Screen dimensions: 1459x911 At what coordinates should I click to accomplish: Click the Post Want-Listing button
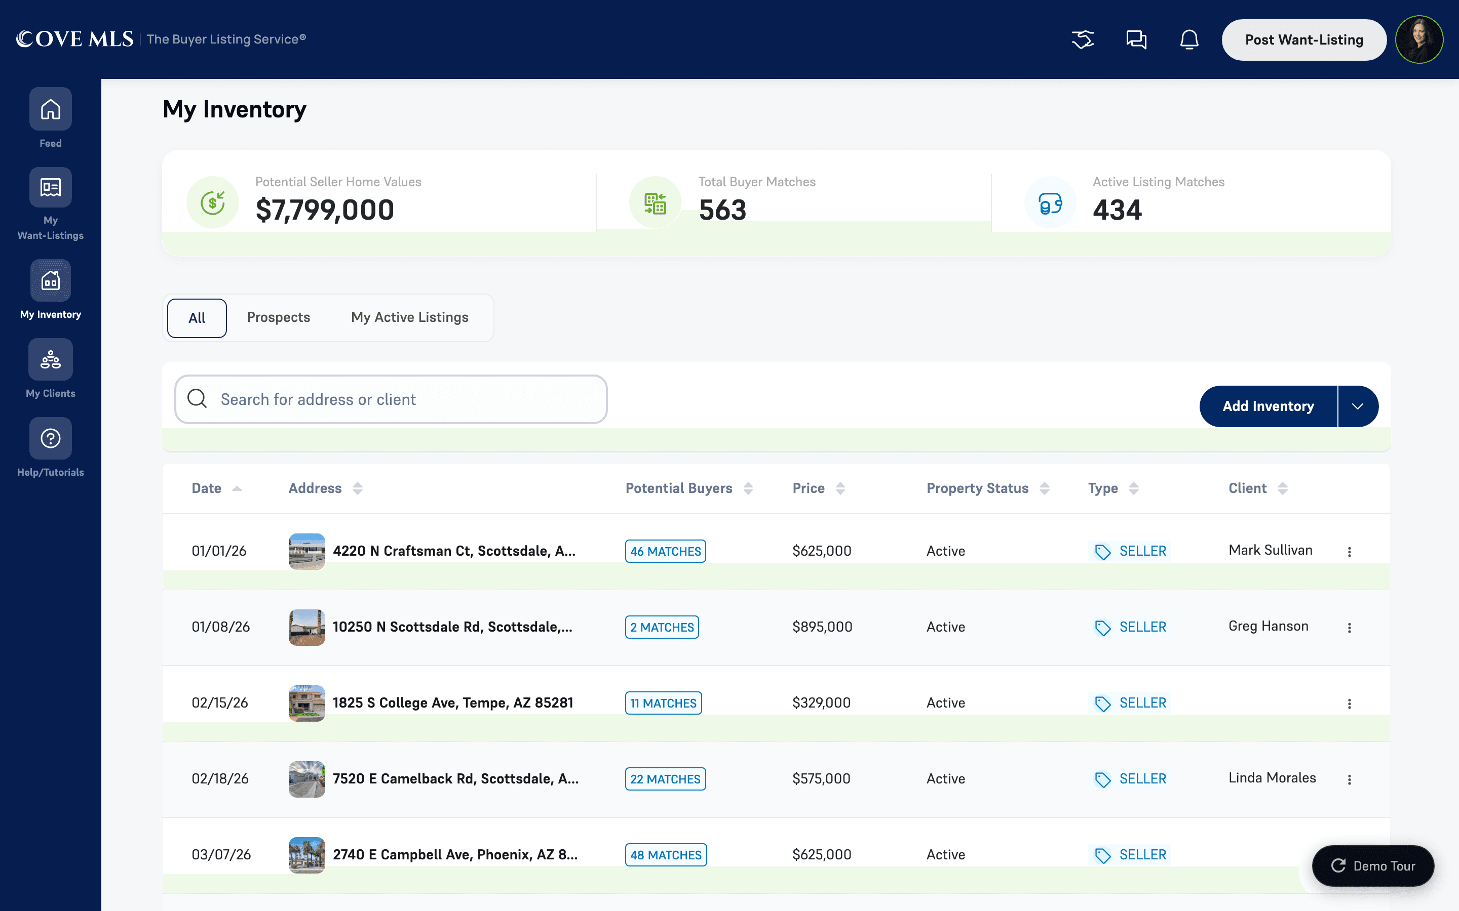(x=1303, y=40)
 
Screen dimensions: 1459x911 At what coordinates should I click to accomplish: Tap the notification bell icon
(x=1189, y=40)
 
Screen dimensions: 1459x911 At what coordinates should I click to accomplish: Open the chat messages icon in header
(x=1136, y=40)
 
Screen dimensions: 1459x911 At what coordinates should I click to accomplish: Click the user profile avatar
(x=1419, y=40)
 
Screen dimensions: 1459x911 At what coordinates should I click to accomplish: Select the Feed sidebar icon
(x=51, y=109)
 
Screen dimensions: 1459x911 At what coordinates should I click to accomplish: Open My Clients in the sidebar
(x=51, y=360)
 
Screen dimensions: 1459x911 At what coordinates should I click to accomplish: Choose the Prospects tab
(x=279, y=317)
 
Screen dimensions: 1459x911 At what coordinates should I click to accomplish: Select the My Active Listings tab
(x=410, y=317)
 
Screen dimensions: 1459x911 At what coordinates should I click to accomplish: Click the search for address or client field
(x=391, y=399)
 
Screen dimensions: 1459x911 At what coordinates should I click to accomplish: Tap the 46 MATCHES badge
(x=666, y=551)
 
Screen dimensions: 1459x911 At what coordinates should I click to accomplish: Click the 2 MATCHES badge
(x=662, y=627)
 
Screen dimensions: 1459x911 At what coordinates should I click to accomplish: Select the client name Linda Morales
(x=1272, y=778)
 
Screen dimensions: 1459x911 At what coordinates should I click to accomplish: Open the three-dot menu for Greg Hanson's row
(x=1349, y=628)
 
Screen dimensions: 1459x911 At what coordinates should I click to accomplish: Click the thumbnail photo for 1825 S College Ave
(x=307, y=703)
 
